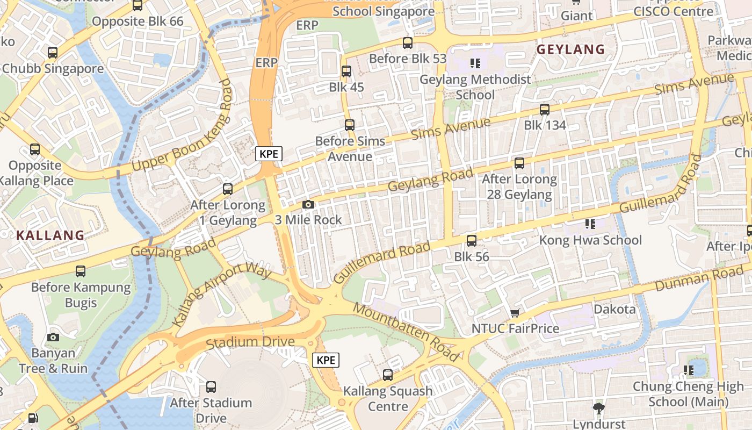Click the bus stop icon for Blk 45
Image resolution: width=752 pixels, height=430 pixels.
(x=346, y=71)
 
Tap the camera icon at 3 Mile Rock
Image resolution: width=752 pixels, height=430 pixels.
(x=308, y=204)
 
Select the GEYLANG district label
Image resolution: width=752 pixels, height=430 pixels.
(x=571, y=49)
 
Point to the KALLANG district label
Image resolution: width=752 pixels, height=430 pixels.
(x=50, y=235)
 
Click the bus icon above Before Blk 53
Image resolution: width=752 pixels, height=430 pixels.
(x=408, y=42)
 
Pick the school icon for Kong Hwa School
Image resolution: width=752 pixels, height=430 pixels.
(x=590, y=224)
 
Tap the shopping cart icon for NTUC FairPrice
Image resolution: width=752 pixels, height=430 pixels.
(x=515, y=313)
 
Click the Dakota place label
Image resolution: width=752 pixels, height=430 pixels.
(x=614, y=309)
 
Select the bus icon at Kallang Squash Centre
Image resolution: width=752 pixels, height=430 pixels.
(x=388, y=375)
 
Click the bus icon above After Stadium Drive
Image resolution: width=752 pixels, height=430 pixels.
(x=211, y=386)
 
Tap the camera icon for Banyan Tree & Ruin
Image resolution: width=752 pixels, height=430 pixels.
(x=53, y=337)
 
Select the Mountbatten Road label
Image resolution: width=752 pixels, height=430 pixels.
(x=407, y=332)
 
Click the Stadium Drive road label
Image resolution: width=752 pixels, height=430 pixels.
(x=250, y=342)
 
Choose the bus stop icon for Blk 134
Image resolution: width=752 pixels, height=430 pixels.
(x=545, y=109)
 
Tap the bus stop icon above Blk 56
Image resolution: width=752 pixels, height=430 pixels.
(x=472, y=240)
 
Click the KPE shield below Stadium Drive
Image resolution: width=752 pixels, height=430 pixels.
(x=326, y=360)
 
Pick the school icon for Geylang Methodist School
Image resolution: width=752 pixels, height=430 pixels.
(x=475, y=63)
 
